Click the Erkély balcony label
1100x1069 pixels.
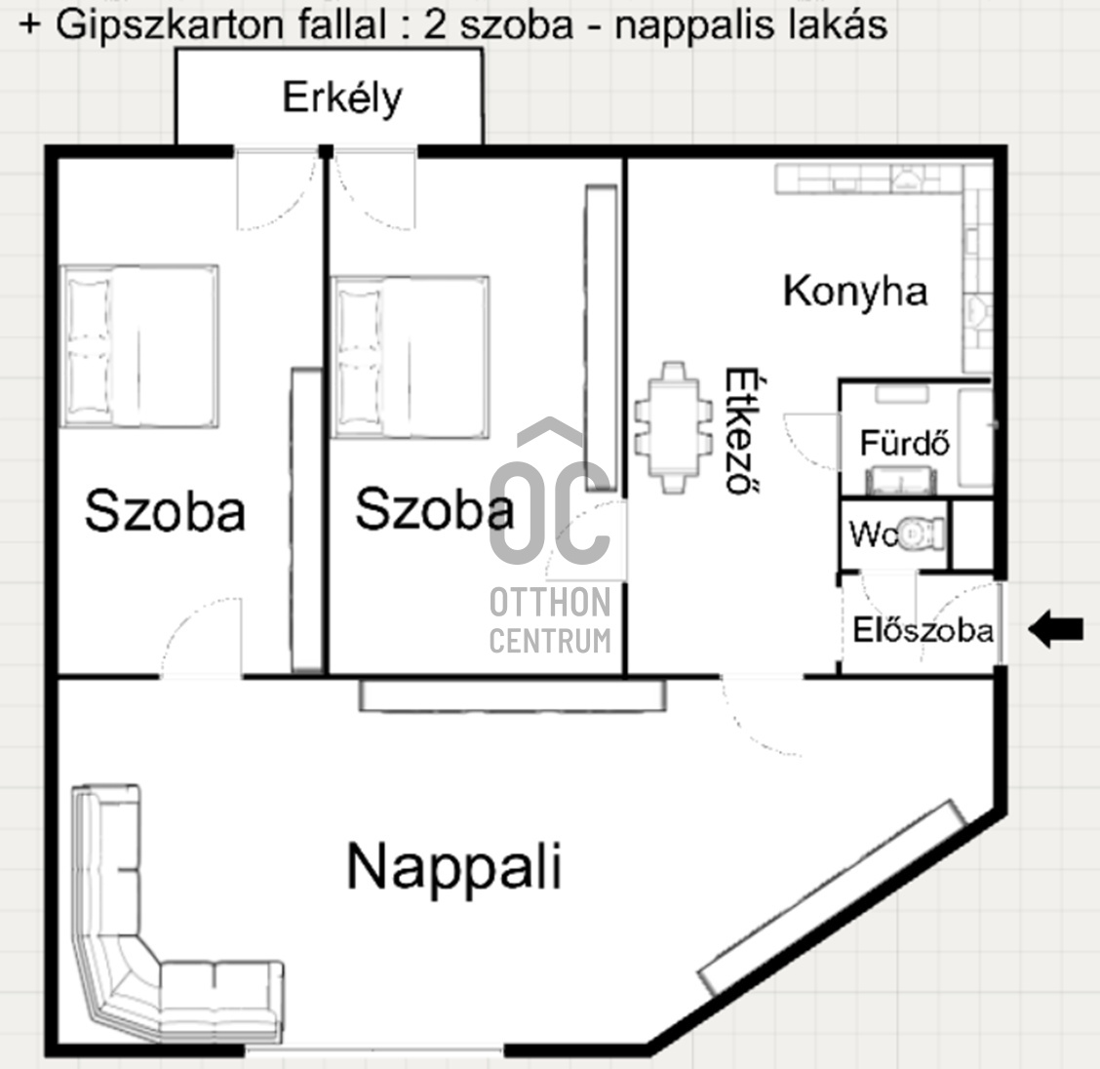[341, 99]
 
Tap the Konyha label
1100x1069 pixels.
[855, 292]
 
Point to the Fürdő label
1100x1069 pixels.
[904, 445]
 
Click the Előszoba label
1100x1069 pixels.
[923, 631]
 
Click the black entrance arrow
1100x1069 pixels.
[1057, 630]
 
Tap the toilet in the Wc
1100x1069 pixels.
[920, 534]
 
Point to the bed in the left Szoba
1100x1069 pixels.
[139, 345]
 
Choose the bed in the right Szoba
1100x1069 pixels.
[411, 356]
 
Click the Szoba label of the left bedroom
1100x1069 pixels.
[164, 511]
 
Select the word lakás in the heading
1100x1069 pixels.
[841, 23]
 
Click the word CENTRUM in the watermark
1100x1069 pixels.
[550, 641]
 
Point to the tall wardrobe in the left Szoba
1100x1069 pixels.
[307, 520]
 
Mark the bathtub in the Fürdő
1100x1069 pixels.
[974, 438]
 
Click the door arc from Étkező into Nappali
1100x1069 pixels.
[756, 722]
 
